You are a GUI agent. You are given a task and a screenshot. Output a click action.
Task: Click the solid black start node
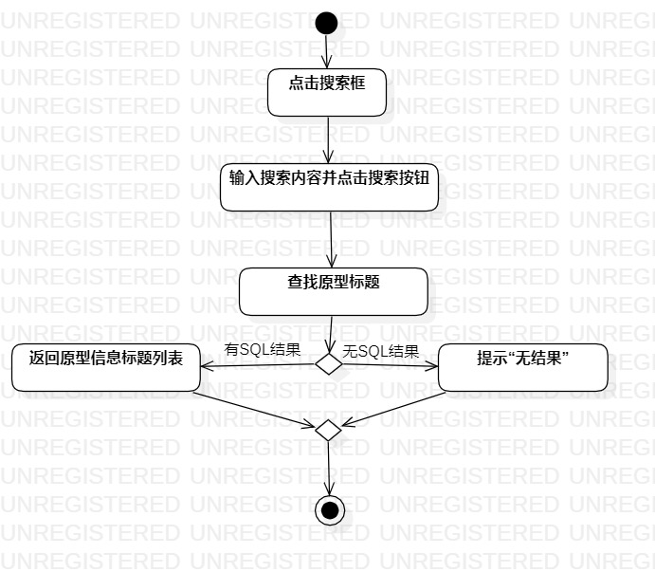(x=326, y=23)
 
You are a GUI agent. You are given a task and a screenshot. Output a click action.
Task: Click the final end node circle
(x=329, y=511)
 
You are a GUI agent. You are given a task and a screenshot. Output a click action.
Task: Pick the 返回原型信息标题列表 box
(x=105, y=367)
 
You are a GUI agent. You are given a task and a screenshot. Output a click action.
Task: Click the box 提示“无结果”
(x=522, y=367)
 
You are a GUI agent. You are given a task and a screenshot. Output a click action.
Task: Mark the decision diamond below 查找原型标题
(x=328, y=364)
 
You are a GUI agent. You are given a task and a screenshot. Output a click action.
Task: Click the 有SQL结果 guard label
(x=263, y=349)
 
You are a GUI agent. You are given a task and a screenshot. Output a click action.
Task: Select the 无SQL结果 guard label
(x=380, y=351)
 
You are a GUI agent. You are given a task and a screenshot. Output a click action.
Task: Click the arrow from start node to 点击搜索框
(x=326, y=52)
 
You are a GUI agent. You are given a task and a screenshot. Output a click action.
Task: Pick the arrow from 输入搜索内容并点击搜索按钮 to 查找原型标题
(x=331, y=239)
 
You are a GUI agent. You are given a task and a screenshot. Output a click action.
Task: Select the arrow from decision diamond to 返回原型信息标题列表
(x=258, y=365)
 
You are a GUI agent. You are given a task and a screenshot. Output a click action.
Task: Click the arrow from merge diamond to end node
(x=328, y=468)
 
